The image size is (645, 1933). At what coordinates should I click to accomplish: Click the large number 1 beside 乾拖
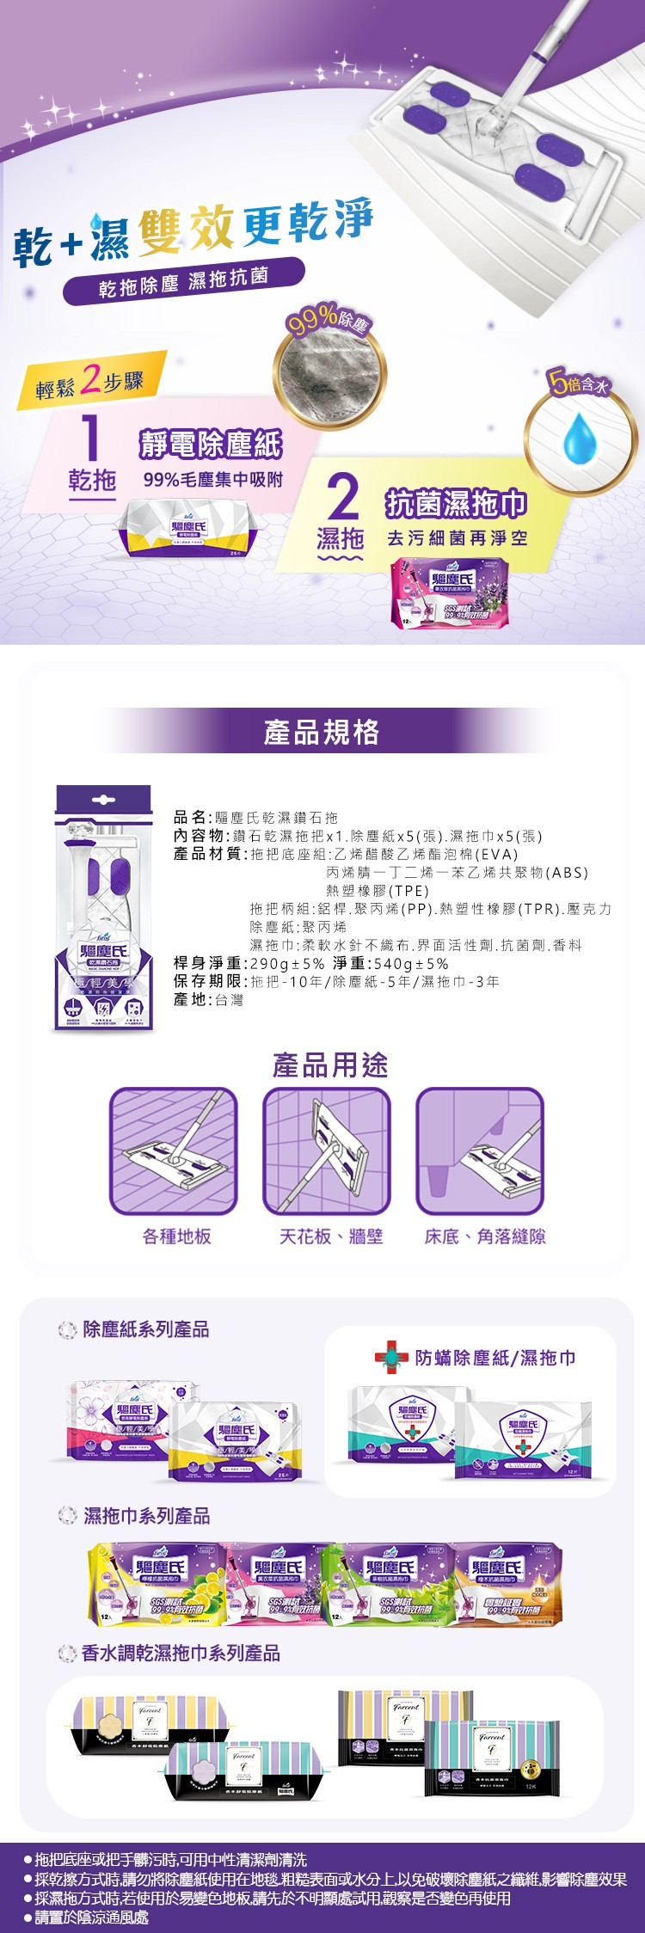click(x=90, y=438)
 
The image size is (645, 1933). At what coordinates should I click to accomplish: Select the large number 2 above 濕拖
click(x=342, y=496)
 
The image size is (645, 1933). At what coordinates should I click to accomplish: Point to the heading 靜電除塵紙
click(x=211, y=444)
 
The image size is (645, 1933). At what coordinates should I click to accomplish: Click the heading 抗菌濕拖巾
click(x=455, y=504)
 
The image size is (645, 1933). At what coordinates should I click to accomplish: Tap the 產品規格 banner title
click(x=321, y=732)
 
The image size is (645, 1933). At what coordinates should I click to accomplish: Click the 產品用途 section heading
click(x=330, y=1065)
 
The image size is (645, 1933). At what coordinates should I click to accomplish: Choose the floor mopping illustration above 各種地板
click(x=174, y=1151)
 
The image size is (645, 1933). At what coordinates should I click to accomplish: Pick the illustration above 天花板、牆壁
click(x=327, y=1151)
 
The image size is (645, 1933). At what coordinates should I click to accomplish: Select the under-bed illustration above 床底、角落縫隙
click(x=480, y=1151)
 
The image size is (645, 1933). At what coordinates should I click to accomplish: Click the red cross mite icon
click(x=390, y=1358)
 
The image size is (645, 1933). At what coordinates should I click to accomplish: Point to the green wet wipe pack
click(x=386, y=1584)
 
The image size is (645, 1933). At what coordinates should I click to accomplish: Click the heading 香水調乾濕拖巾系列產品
click(x=181, y=1654)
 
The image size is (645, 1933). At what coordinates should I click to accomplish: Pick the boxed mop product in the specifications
click(x=103, y=908)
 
